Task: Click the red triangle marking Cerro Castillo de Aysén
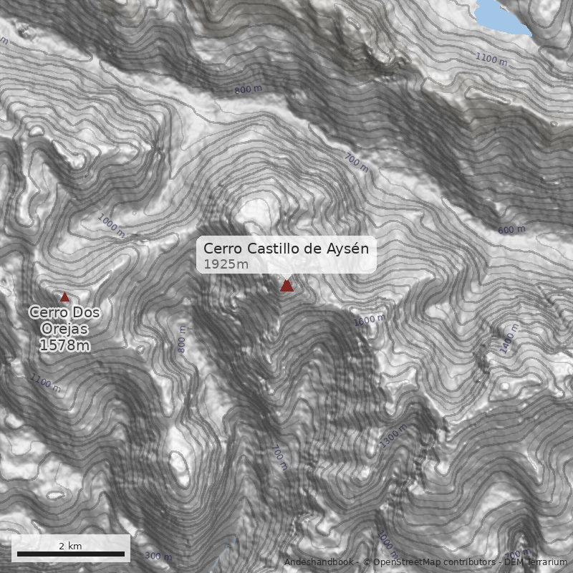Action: pos(286,286)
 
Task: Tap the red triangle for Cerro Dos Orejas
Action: pos(64,297)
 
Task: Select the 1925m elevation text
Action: pos(226,264)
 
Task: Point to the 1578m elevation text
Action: pos(64,346)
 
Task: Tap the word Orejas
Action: pos(64,329)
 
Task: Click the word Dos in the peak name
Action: pos(86,313)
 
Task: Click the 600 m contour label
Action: pos(511,230)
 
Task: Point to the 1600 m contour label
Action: pos(370,320)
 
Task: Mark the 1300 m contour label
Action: pos(393,435)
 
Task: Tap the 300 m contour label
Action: pos(158,556)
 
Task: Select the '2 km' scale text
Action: pos(70,546)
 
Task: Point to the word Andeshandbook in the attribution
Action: pos(319,562)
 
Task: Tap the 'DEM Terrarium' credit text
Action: pos(536,562)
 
